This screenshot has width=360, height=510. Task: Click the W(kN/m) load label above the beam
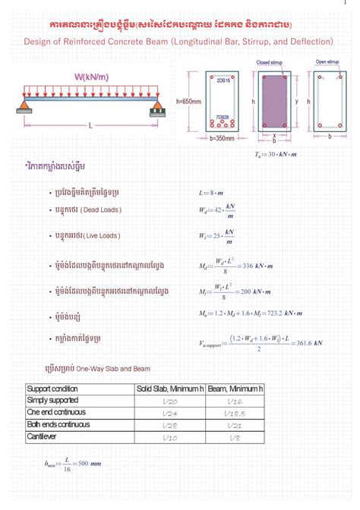point(90,77)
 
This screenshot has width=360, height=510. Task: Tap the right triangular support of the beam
point(157,104)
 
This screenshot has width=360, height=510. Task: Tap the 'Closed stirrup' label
point(270,63)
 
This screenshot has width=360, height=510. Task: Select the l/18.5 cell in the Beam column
point(234,414)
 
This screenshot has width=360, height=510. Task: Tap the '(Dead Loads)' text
point(101,209)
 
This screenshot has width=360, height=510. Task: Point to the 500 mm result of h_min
point(85,463)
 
